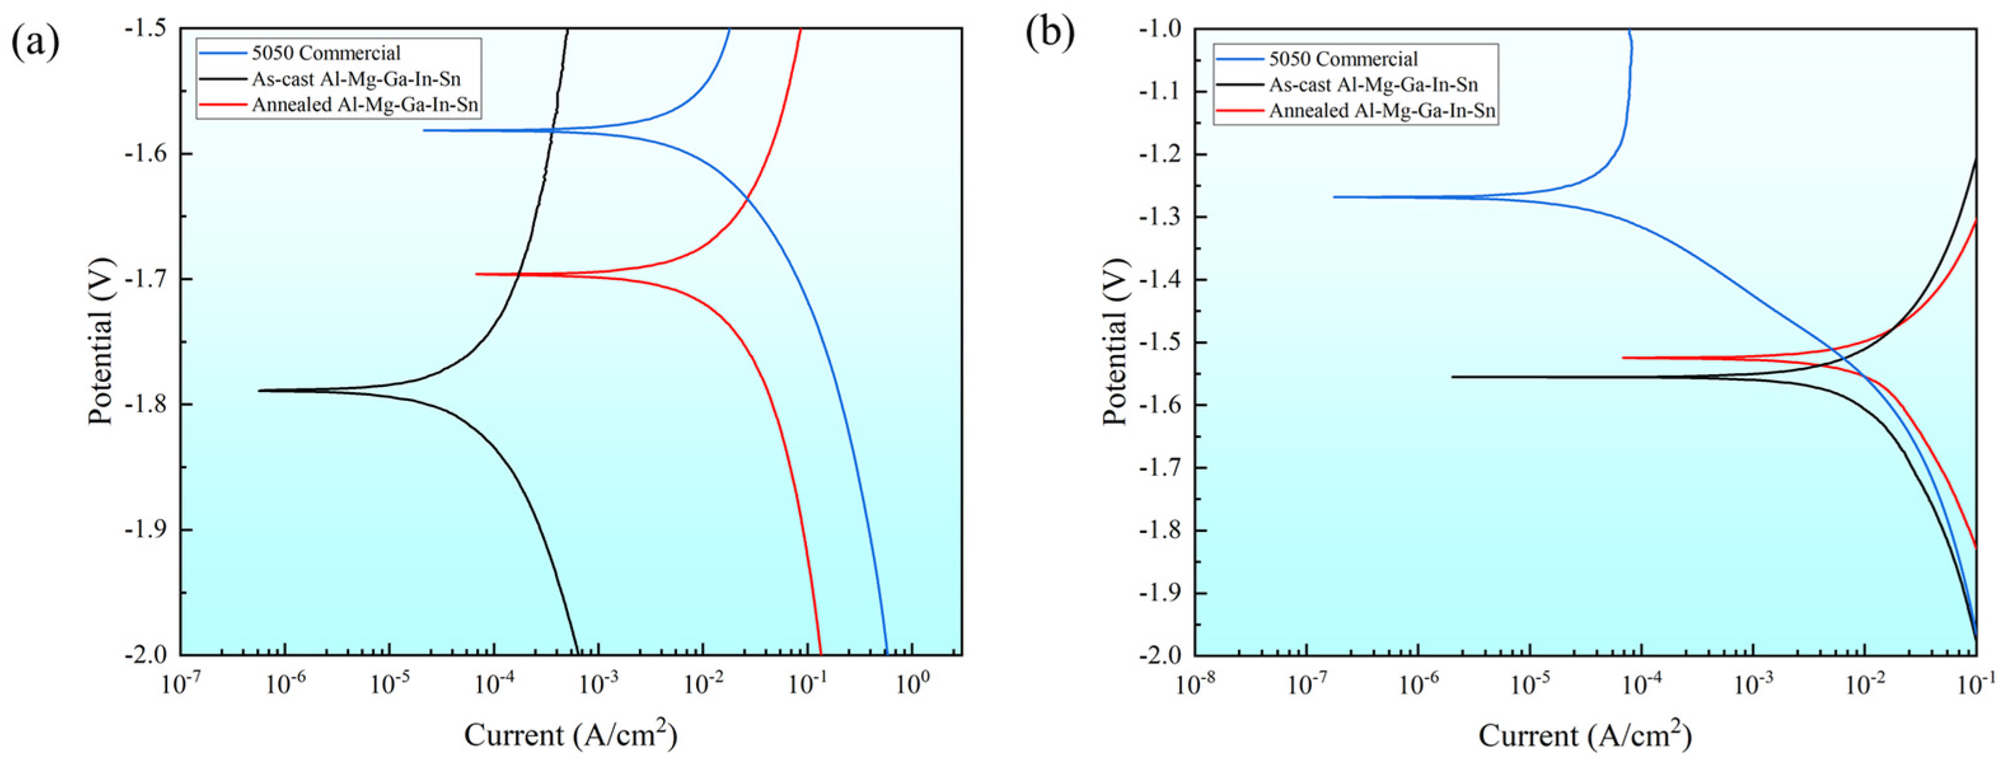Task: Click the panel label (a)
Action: coord(34,42)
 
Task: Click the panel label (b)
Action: coord(1049,33)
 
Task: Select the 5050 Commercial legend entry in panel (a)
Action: coord(326,53)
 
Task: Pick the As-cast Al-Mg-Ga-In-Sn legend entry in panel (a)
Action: coord(355,79)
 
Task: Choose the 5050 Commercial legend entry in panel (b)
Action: coord(1343,59)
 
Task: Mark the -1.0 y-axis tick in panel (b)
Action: coord(1163,29)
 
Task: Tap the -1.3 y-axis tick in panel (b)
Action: coord(1163,217)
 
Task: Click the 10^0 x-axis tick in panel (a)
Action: coord(911,684)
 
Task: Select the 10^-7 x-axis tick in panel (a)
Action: coord(181,684)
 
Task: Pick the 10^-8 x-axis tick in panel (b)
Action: coord(1196,684)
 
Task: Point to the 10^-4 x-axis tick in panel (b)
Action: coord(1642,684)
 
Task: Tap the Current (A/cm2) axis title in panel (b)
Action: coord(1585,735)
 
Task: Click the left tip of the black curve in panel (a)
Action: coord(259,390)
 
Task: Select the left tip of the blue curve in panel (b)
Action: coord(1334,196)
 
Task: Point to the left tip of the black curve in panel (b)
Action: coord(1453,377)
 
